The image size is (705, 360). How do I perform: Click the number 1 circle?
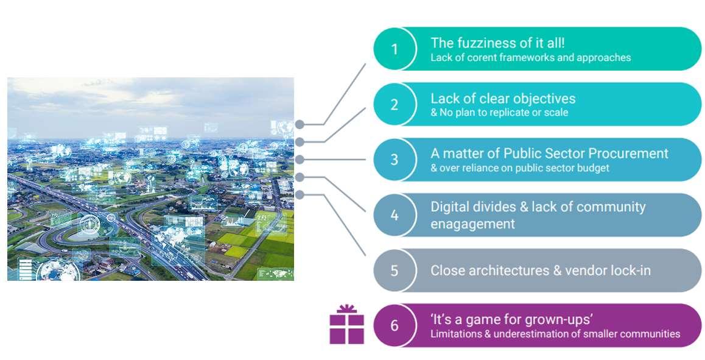[395, 49]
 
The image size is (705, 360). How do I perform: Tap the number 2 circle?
[395, 104]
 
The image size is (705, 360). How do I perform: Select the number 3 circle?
[395, 160]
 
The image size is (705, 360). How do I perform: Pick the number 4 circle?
[395, 215]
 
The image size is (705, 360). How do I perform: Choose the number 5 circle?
[395, 270]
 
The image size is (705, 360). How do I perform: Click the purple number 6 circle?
[395, 325]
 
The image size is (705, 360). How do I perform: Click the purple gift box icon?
[346, 325]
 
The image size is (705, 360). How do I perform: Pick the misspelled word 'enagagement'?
[472, 224]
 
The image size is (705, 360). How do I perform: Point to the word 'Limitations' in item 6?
[454, 334]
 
